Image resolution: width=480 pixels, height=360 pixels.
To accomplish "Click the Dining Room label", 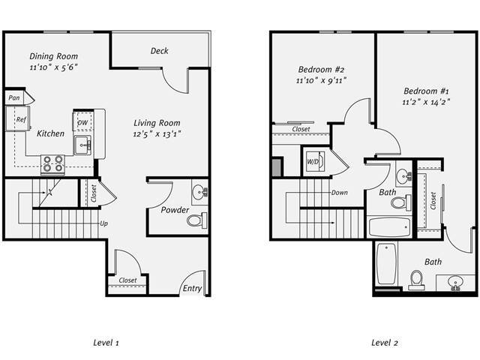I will (x=53, y=56).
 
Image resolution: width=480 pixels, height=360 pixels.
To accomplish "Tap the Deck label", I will (x=159, y=51).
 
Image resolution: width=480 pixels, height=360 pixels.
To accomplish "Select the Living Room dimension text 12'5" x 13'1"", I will (x=157, y=134).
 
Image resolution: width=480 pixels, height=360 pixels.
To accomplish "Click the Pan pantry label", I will (x=13, y=98).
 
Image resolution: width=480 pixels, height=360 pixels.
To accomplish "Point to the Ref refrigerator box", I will (x=20, y=119).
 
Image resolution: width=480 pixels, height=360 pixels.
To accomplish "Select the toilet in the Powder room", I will (x=197, y=220).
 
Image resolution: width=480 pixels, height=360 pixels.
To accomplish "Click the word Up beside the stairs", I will (x=104, y=223).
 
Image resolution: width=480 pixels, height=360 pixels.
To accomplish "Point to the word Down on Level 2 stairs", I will (x=340, y=193).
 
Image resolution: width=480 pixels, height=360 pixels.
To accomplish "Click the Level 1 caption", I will (x=106, y=343).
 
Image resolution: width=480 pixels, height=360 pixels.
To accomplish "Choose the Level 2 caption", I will (x=384, y=343).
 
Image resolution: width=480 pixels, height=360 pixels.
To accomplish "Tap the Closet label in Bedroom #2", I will (x=301, y=129).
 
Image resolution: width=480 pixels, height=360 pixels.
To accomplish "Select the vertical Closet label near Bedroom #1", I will (x=433, y=200).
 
